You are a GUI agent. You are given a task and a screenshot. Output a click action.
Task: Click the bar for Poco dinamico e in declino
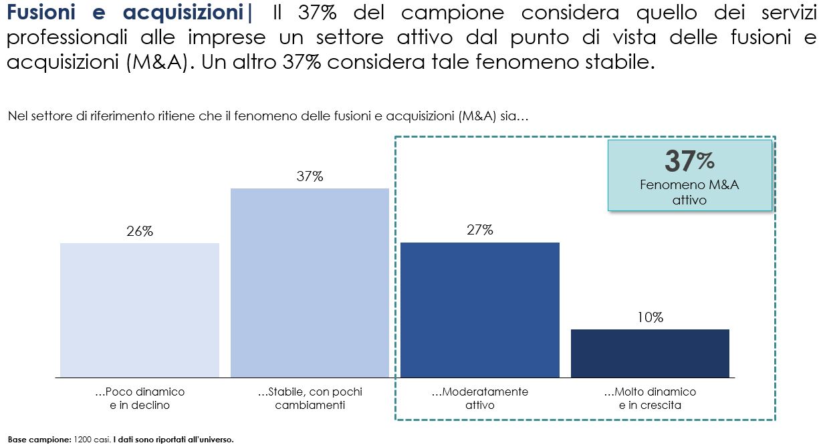point(140,310)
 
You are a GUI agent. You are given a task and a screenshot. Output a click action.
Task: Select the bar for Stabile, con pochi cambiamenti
point(310,283)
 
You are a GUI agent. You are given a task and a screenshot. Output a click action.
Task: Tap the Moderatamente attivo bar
point(479,310)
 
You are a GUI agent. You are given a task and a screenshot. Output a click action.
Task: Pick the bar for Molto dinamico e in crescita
point(650,353)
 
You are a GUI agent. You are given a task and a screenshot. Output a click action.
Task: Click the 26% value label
point(140,232)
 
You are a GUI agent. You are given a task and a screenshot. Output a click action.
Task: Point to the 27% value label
point(479,231)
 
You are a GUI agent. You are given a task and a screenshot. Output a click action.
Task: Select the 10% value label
point(650,318)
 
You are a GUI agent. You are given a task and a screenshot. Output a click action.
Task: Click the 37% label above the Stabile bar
point(310,176)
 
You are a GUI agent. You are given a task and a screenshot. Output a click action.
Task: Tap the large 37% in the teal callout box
point(689,161)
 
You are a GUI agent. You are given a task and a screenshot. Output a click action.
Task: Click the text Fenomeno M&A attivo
point(689,192)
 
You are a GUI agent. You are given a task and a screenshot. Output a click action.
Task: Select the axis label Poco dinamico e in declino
point(140,398)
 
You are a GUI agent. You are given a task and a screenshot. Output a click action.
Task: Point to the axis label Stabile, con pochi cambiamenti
point(310,398)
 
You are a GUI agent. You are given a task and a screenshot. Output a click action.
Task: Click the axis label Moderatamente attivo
point(479,398)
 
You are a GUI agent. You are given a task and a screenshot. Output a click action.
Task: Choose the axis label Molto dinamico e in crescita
point(650,398)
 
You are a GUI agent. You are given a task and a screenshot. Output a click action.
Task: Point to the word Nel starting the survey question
point(16,117)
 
